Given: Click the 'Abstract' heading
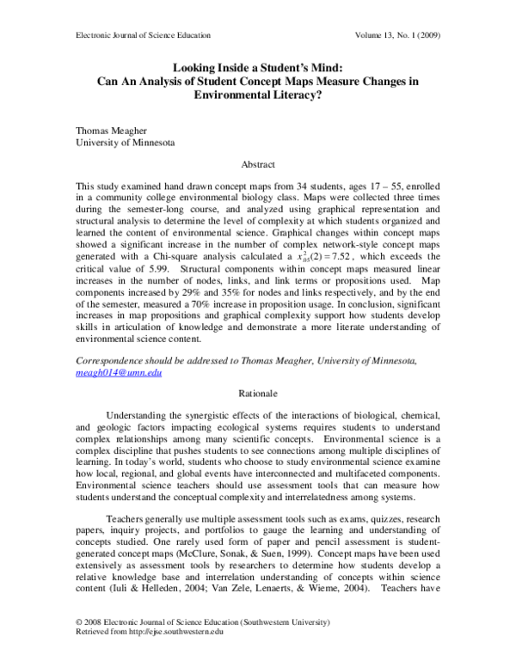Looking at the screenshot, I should coord(258,163).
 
